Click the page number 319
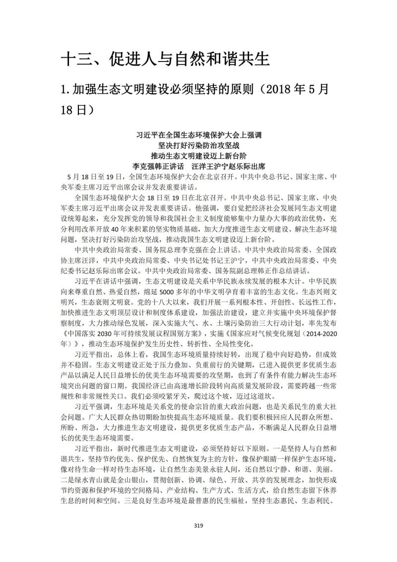click(x=198, y=527)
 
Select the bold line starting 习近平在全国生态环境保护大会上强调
click(x=198, y=135)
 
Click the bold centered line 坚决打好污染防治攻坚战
click(x=198, y=145)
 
